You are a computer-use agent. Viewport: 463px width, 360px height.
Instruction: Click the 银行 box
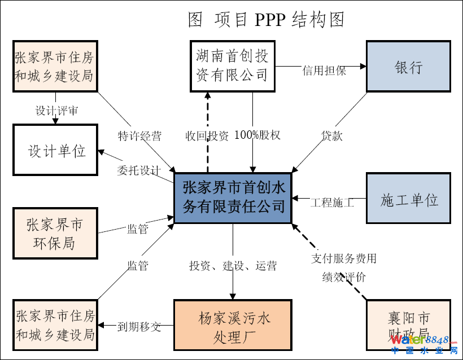click(408, 66)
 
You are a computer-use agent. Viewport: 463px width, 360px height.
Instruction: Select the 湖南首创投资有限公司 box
click(232, 66)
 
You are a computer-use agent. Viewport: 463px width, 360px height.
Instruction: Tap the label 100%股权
click(257, 135)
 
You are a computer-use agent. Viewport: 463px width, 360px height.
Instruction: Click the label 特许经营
click(139, 135)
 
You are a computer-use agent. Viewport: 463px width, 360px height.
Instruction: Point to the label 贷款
click(332, 135)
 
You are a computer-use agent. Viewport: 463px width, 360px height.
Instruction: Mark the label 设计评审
click(56, 110)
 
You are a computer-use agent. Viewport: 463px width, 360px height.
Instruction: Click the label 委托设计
click(139, 170)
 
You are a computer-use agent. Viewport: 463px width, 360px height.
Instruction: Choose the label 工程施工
click(332, 202)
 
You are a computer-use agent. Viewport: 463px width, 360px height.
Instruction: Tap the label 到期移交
click(139, 326)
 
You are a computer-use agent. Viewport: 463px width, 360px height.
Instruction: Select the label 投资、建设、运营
click(233, 266)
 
